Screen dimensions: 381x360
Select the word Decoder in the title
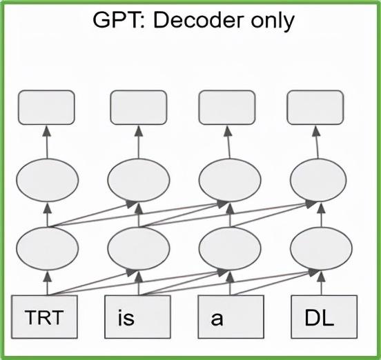pos(199,21)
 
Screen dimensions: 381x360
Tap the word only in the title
pos(273,22)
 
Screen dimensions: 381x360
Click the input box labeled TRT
pos(44,317)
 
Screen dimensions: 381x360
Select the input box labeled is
pos(137,317)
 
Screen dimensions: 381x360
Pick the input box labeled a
pos(231,317)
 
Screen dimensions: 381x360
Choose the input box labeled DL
pos(324,317)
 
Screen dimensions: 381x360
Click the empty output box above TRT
pos(47,108)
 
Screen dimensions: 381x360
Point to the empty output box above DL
pos(315,108)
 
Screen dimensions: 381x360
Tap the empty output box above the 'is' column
pos(139,108)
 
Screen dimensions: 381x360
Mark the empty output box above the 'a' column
pos(227,108)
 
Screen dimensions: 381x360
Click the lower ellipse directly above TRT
pos(48,248)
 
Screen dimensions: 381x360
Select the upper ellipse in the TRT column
pos(48,180)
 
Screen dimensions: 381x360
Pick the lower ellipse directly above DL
pos(321,248)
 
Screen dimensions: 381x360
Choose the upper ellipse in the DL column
pos(318,180)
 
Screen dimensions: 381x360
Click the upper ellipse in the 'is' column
pos(139,180)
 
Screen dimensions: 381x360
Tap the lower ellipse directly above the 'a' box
pos(230,248)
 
